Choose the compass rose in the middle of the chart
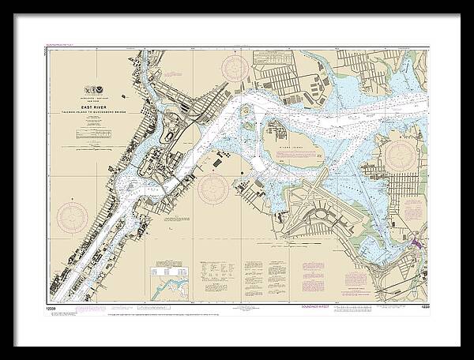[213, 189]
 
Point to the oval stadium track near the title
[171, 137]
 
